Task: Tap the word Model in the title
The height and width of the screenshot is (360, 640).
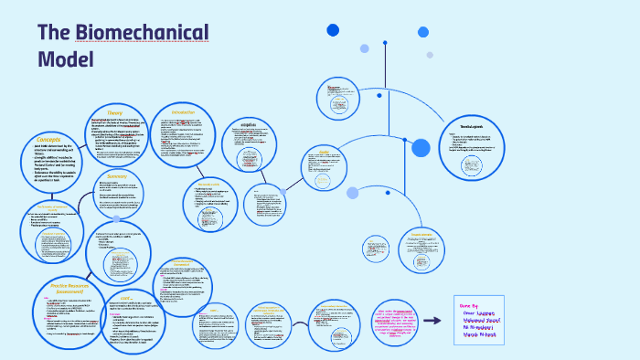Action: coord(66,59)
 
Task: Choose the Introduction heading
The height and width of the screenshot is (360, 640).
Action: coord(183,111)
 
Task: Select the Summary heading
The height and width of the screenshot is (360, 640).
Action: coord(117,175)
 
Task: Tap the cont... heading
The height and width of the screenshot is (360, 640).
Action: coord(128,297)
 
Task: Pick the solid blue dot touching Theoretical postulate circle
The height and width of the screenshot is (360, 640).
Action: coord(421,148)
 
